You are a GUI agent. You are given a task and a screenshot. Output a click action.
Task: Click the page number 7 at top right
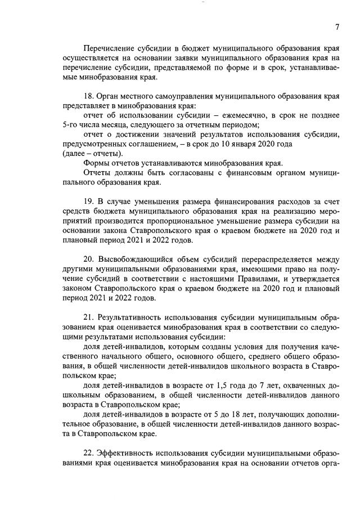pyautogui.click(x=337, y=27)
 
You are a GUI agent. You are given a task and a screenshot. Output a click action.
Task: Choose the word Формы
pyautogui.click(x=96, y=163)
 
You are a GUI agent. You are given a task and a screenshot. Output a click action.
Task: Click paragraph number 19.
pyautogui.click(x=88, y=201)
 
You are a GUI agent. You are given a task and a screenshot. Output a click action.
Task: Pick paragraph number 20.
pyautogui.click(x=88, y=259)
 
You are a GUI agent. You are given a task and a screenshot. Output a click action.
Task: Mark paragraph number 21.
pyautogui.click(x=88, y=317)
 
